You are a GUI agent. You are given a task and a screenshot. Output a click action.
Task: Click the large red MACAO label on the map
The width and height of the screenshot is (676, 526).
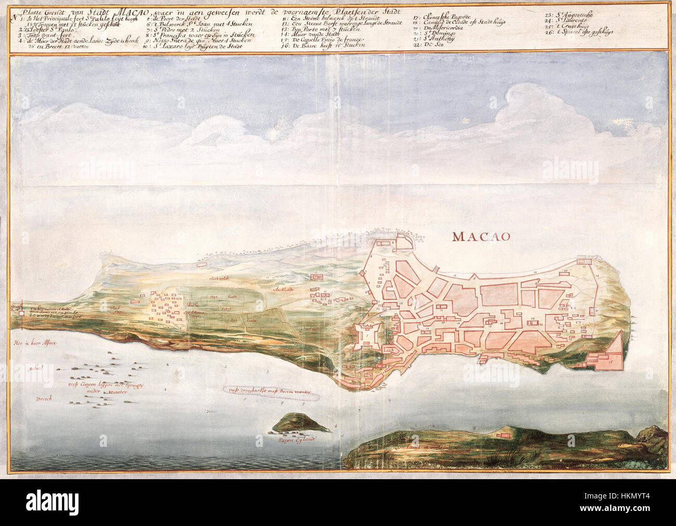coord(482,236)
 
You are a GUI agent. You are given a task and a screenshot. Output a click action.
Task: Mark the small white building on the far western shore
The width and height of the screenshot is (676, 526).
coord(21,313)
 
